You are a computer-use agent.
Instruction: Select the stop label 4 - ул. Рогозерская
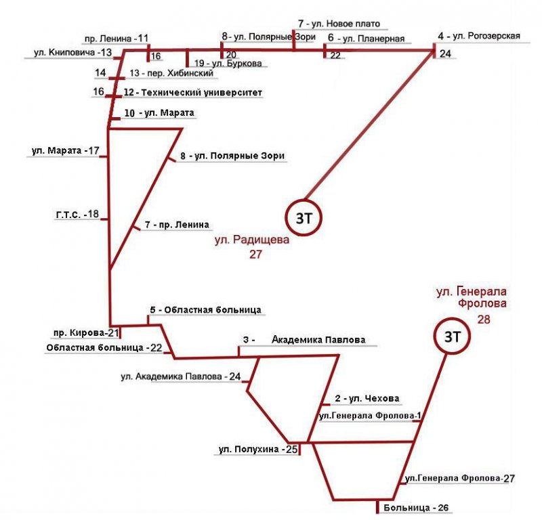pyautogui.click(x=479, y=36)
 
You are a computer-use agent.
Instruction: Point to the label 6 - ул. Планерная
pyautogui.click(x=366, y=39)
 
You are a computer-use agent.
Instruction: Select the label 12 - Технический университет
pyautogui.click(x=192, y=91)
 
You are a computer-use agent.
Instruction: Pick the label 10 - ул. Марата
pyautogui.click(x=160, y=112)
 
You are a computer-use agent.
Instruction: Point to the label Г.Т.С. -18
pyautogui.click(x=77, y=215)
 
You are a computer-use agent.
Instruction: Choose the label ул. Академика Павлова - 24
pyautogui.click(x=181, y=376)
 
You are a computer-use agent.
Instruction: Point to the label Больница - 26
pyautogui.click(x=415, y=507)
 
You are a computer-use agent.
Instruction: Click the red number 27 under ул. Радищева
pyautogui.click(x=255, y=255)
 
